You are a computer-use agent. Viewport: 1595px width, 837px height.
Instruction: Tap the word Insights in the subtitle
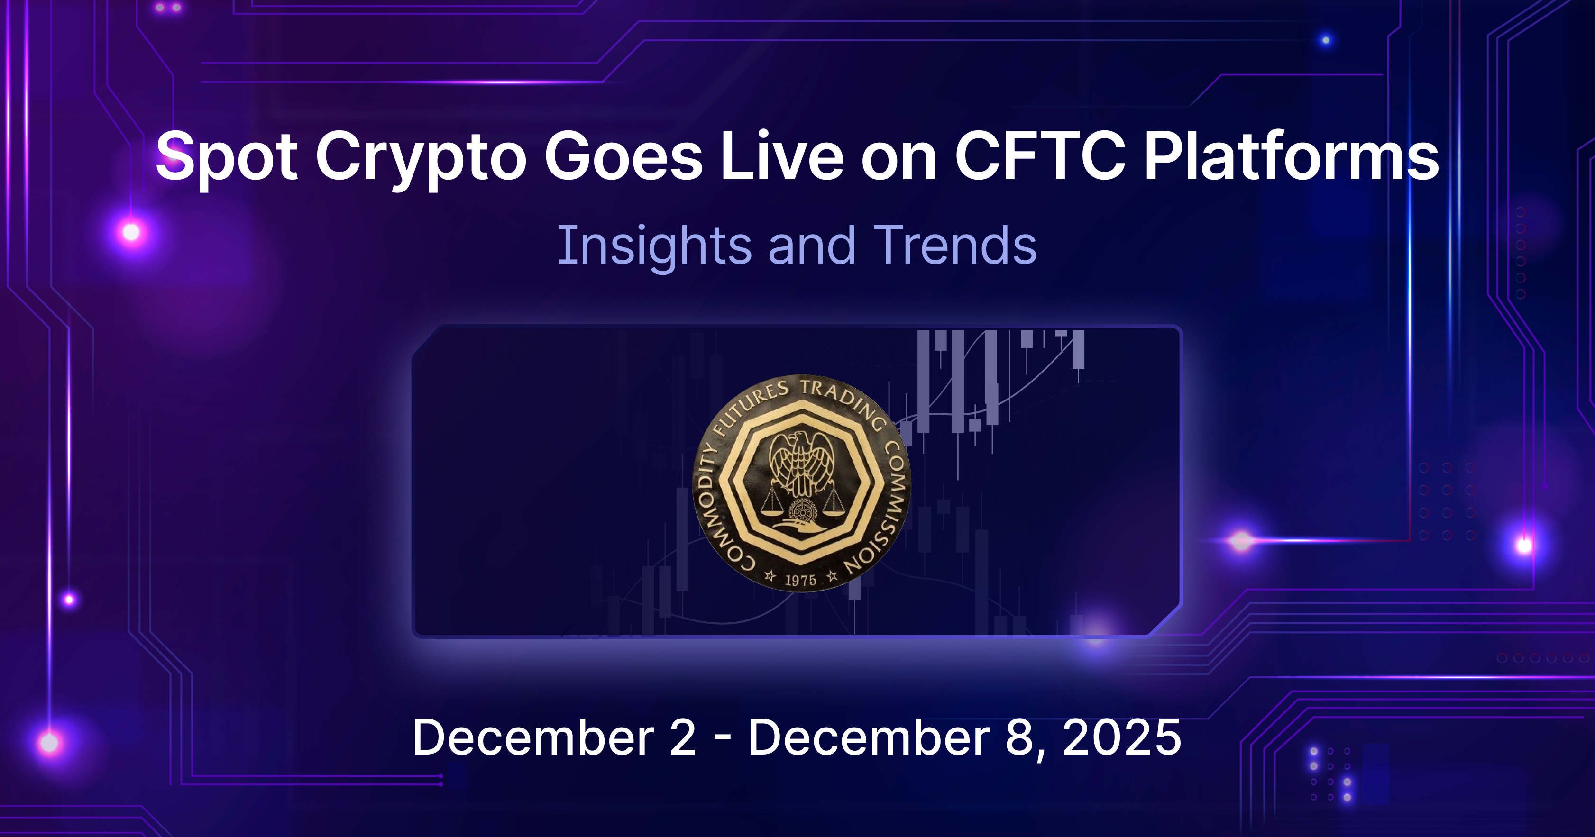click(654, 246)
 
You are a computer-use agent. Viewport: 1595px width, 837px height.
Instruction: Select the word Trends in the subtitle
click(954, 246)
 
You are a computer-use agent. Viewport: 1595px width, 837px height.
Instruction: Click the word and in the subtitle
click(812, 246)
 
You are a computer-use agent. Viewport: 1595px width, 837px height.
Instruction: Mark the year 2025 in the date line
click(1121, 737)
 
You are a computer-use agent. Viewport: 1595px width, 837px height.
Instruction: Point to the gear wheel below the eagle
click(802, 511)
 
